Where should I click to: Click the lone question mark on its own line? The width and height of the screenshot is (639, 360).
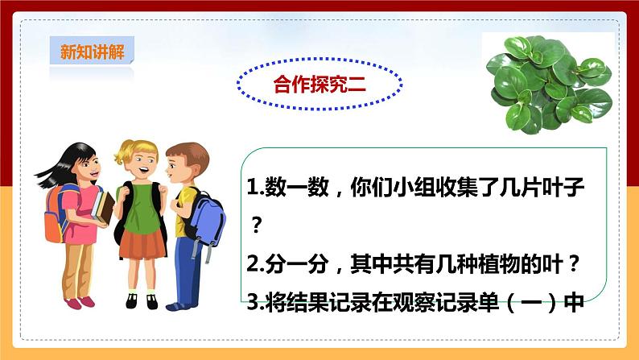click(258, 226)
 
